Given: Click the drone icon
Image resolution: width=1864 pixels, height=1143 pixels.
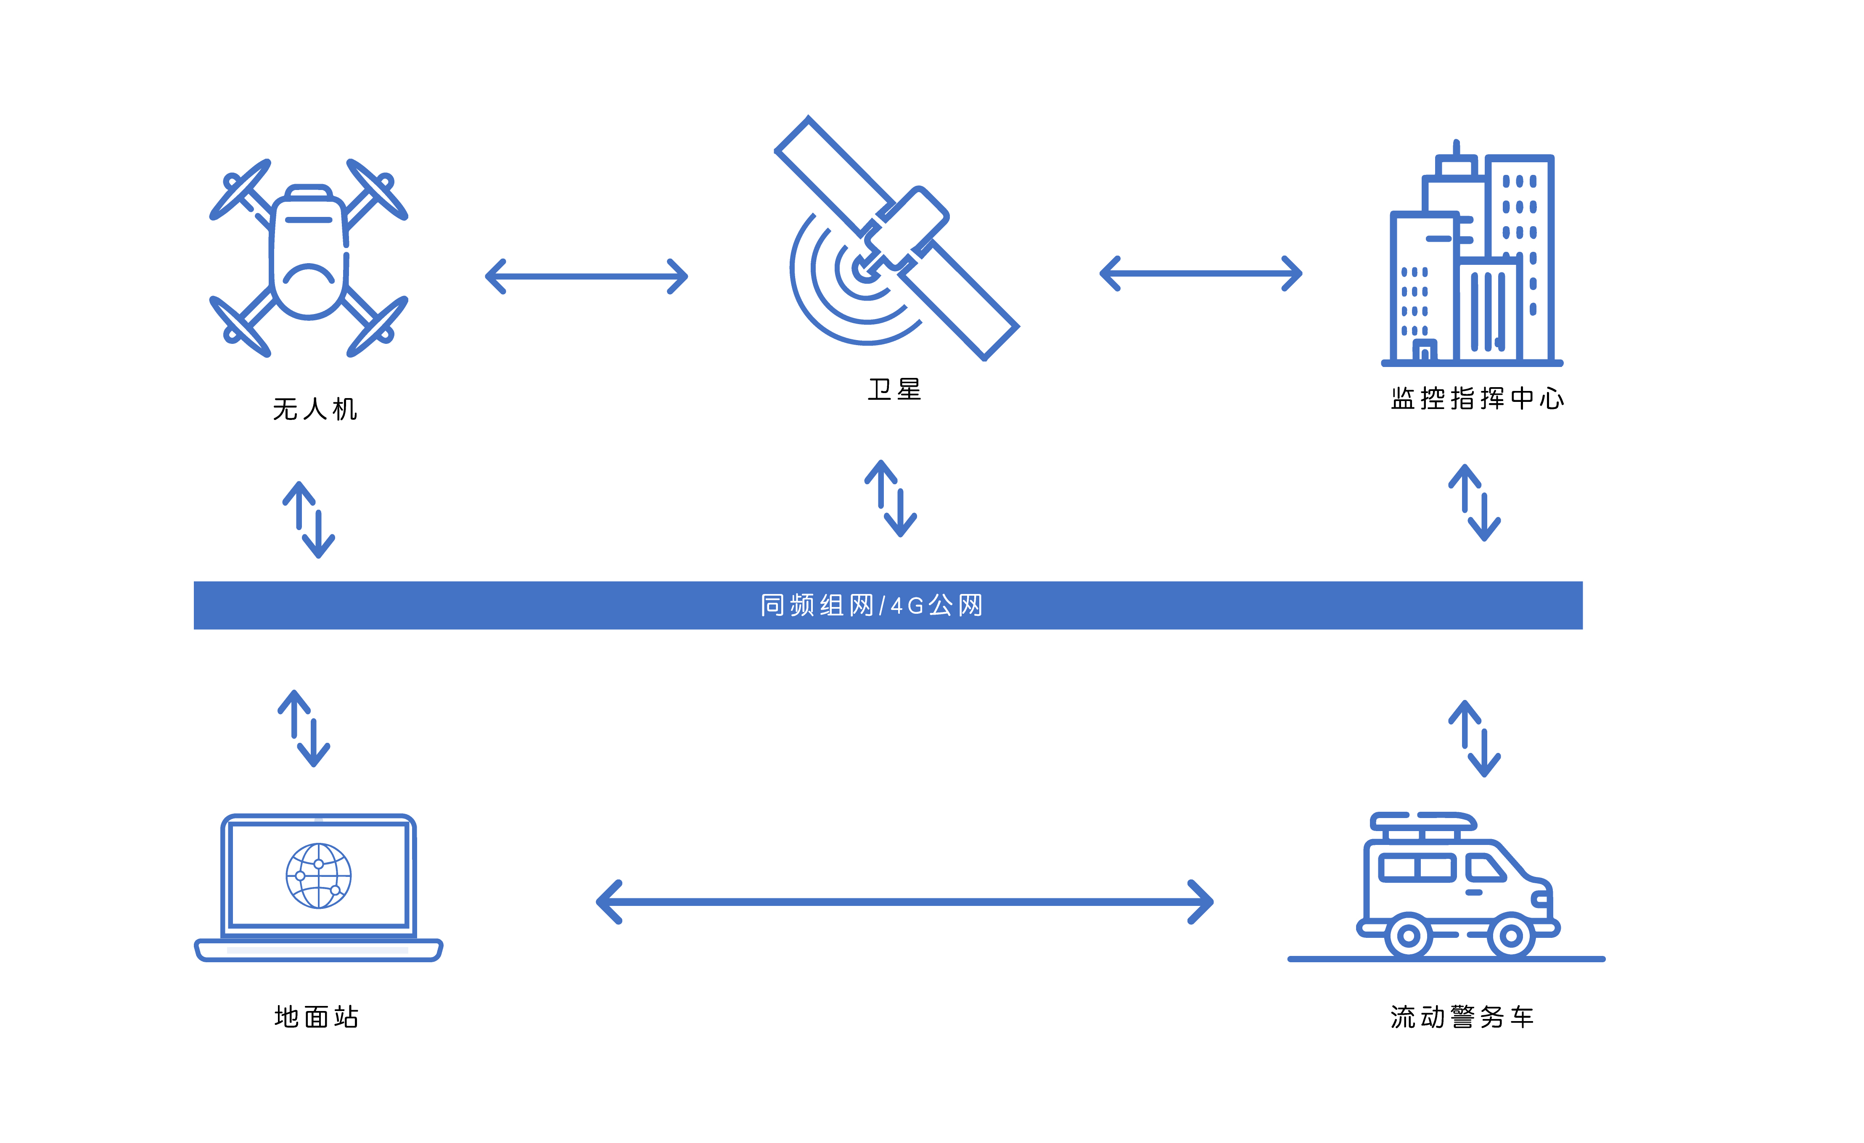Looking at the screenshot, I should [309, 257].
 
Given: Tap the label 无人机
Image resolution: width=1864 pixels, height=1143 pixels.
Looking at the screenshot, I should [315, 409].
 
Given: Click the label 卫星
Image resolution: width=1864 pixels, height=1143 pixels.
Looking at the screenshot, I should [894, 390].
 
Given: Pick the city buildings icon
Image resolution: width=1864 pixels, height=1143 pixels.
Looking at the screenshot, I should [1471, 257].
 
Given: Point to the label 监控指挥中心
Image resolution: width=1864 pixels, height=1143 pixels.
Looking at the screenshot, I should [1477, 399].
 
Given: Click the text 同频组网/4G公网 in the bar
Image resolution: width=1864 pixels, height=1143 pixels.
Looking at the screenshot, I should [872, 605].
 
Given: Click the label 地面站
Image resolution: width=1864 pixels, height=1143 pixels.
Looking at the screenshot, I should [316, 1016].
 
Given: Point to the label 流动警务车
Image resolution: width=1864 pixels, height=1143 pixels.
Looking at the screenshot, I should [1462, 1016].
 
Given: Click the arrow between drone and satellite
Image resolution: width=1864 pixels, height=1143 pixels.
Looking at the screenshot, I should [586, 276].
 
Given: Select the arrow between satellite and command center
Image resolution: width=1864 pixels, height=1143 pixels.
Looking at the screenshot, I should [1200, 273].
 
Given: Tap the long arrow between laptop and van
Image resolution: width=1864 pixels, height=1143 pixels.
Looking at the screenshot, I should [905, 902].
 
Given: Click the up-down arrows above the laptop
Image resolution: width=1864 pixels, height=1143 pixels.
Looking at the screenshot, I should [304, 729].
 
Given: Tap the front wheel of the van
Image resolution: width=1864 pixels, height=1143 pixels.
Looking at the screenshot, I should [1511, 936].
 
